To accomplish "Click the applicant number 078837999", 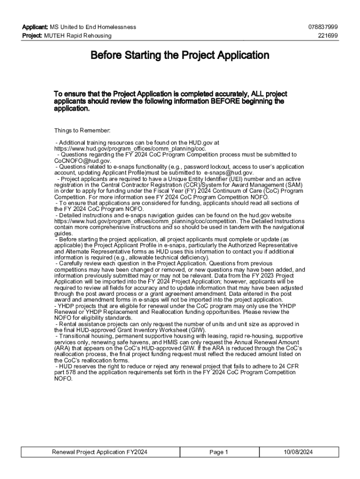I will tap(323, 27).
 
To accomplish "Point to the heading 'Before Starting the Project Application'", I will tap(180, 56).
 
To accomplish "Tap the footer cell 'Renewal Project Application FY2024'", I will tap(100, 452).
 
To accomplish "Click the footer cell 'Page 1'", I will tap(219, 452).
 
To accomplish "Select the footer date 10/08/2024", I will tap(298, 452).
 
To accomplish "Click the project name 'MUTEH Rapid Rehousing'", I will tap(78, 36).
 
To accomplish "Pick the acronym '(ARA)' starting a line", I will tap(63, 348).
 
